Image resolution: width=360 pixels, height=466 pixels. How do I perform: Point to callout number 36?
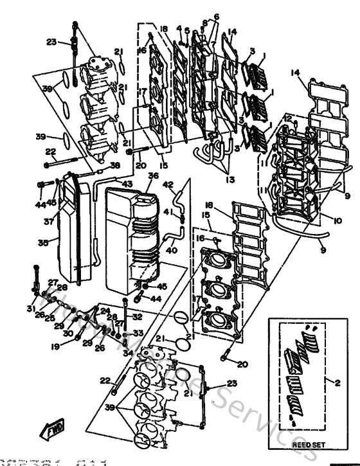tap(153, 175)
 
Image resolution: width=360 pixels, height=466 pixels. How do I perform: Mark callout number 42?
tap(168, 184)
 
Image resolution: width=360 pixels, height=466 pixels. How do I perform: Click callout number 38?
tap(115, 165)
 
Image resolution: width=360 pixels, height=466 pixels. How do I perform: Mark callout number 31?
tap(30, 309)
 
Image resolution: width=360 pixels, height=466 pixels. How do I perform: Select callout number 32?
tap(137, 317)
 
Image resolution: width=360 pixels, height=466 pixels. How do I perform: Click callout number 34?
tap(128, 353)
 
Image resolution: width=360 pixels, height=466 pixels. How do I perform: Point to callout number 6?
tap(198, 17)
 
